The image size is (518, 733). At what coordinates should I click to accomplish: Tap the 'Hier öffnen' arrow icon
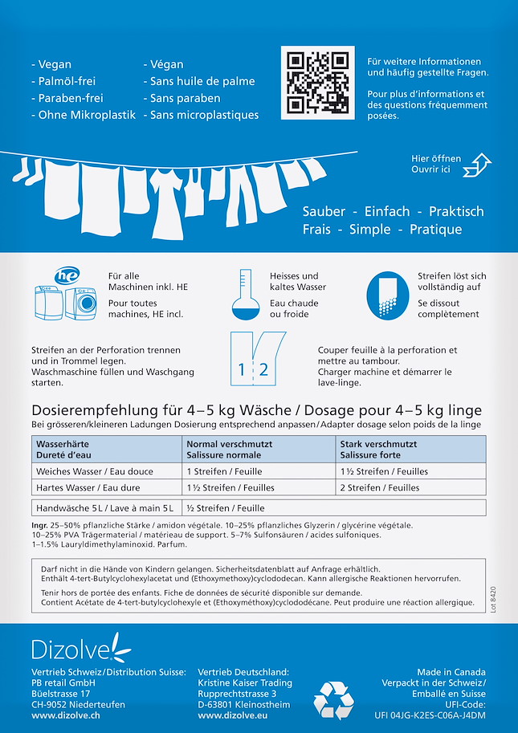(476, 164)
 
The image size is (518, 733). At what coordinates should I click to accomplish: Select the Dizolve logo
(80, 647)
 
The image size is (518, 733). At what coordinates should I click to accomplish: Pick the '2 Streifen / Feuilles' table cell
(380, 487)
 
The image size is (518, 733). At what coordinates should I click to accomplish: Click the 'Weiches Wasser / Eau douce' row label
(95, 471)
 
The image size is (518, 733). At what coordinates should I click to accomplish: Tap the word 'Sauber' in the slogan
(324, 211)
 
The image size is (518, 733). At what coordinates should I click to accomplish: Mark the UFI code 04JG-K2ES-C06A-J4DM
(430, 715)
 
